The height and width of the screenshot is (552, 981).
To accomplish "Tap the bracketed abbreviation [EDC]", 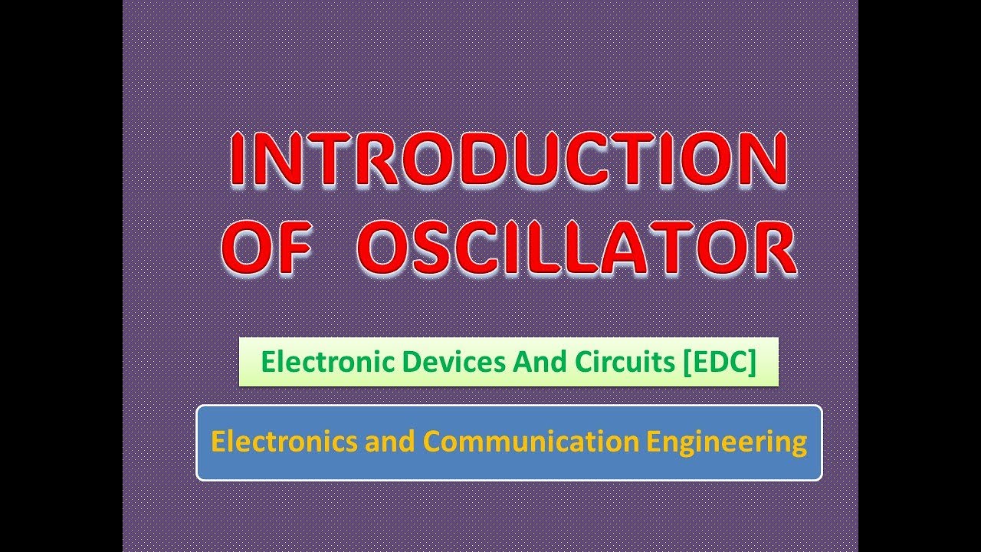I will point(718,362).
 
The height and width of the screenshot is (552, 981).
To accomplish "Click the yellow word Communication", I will point(530,442).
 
